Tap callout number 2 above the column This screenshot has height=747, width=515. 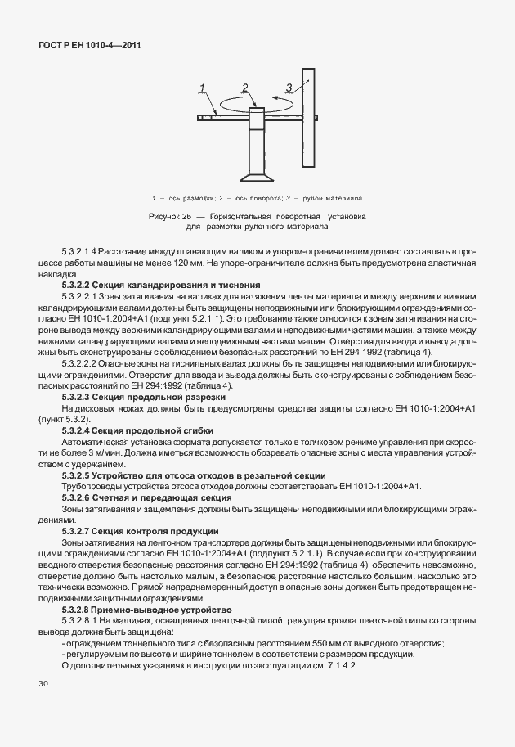(x=244, y=88)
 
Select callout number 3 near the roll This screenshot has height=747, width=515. (x=288, y=87)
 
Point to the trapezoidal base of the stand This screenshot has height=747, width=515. (x=256, y=176)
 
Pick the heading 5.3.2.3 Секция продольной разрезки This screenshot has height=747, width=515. (x=138, y=396)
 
